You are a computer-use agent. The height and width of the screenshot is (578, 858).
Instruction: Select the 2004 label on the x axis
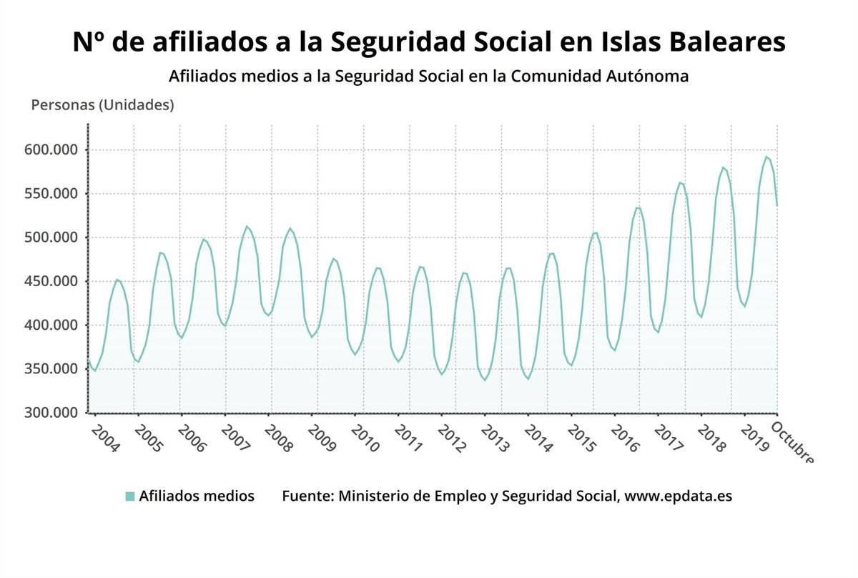pyautogui.click(x=105, y=438)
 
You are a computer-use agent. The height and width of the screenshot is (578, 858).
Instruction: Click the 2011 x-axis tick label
pyautogui.click(x=409, y=438)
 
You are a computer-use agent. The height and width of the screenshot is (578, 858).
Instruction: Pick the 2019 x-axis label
pyautogui.click(x=755, y=438)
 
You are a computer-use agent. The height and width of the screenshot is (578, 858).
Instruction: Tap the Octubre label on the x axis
pyautogui.click(x=792, y=442)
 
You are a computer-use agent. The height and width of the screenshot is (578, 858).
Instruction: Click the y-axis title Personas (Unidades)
pyautogui.click(x=102, y=105)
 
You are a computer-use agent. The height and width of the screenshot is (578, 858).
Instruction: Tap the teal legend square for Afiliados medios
pyautogui.click(x=129, y=496)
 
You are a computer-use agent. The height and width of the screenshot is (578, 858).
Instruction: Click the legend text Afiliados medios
pyautogui.click(x=197, y=496)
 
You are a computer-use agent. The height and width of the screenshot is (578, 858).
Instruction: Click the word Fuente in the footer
pyautogui.click(x=305, y=496)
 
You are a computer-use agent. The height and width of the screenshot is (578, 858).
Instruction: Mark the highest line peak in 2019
pyautogui.click(x=766, y=157)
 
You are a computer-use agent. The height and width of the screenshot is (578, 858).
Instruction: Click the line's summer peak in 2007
pyautogui.click(x=246, y=226)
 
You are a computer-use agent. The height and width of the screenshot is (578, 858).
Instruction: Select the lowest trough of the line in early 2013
pyautogui.click(x=485, y=380)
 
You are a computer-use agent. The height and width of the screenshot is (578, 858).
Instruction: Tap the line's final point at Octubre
pyautogui.click(x=777, y=205)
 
